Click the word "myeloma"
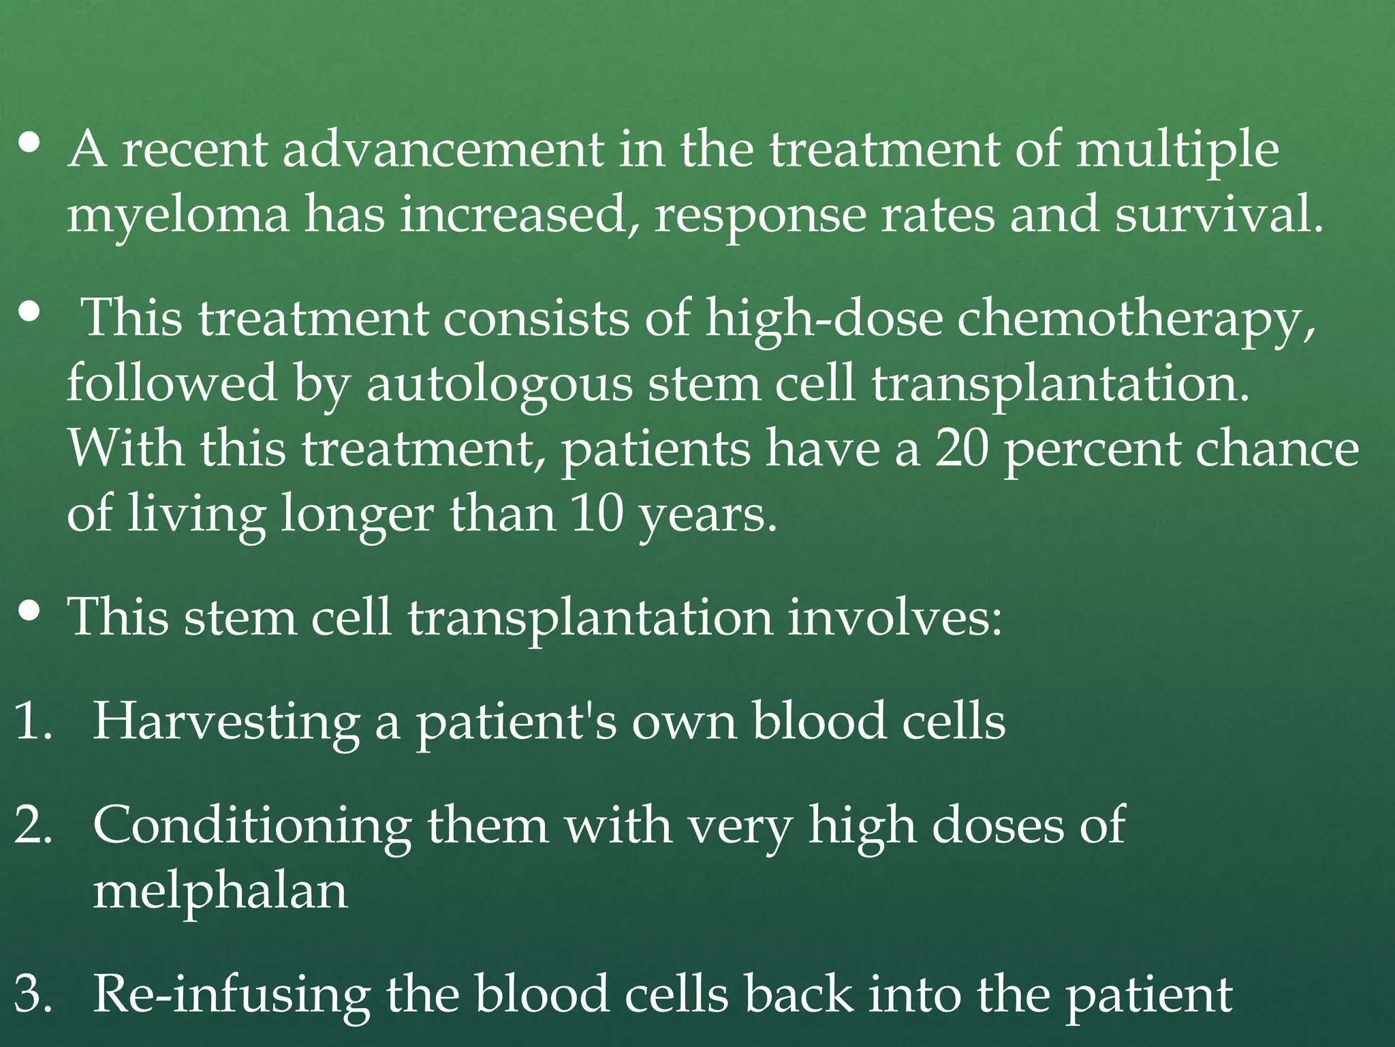(178, 215)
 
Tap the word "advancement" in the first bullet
(443, 150)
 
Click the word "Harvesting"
(225, 722)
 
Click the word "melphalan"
(220, 891)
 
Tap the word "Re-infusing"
(231, 995)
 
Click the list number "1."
(33, 722)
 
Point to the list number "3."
(33, 995)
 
